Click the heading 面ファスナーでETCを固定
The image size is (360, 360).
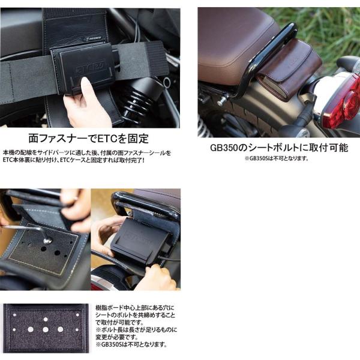pos(89,139)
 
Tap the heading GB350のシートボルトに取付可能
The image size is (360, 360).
pos(279,148)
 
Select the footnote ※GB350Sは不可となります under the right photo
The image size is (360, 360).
pos(277,158)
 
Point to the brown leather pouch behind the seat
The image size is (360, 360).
pos(290,69)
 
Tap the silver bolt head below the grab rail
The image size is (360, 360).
pos(220,101)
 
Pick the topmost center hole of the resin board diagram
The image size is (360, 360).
pos(46,319)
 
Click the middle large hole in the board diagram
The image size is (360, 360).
pos(46,329)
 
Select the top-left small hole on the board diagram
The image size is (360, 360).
pos(14,315)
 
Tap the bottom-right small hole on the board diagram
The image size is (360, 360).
pos(77,329)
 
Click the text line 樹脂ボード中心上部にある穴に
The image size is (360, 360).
pos(135,308)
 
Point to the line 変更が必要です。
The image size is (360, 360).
pos(117,337)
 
